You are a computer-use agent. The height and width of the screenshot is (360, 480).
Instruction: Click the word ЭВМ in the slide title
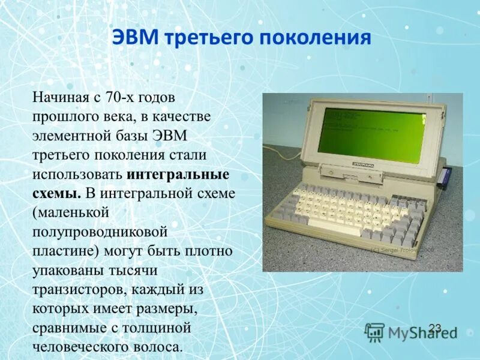pyautogui.click(x=136, y=38)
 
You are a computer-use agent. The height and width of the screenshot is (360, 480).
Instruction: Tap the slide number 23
pyautogui.click(x=435, y=328)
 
